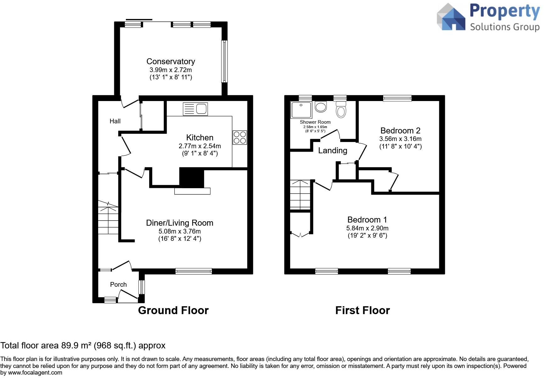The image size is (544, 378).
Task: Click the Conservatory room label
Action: [171, 61]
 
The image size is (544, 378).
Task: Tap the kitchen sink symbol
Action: [195, 109]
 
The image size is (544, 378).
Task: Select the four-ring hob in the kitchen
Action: [240, 138]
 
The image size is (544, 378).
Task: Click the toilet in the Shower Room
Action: [341, 109]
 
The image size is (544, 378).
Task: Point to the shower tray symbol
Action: [301, 110]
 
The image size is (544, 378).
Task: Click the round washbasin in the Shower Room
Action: [321, 107]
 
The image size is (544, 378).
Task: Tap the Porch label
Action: [118, 285]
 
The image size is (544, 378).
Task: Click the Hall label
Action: [115, 121]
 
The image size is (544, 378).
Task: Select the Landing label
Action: [333, 150]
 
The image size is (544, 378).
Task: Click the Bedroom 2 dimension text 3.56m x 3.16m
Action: [400, 139]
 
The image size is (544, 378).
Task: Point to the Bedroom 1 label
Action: [367, 220]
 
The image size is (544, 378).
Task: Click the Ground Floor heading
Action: [173, 310]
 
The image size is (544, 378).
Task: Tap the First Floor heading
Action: [362, 310]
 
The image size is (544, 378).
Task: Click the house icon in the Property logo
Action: [451, 18]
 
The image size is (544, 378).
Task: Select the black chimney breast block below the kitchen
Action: [192, 178]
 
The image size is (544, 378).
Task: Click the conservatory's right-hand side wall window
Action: [224, 61]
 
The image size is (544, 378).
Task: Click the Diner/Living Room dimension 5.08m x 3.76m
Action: [180, 231]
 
